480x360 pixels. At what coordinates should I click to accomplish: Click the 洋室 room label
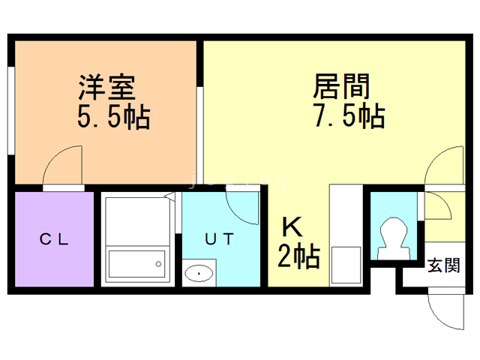pos(107,88)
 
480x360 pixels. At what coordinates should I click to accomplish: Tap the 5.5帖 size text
pos(112,117)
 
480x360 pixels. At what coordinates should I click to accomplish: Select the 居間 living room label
pos(341,88)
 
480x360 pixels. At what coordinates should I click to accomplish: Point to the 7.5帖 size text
pos(348,117)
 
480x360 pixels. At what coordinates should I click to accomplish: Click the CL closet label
pos(55,240)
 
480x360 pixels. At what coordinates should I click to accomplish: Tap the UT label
pos(220,240)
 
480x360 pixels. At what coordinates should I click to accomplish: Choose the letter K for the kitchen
pos(291,226)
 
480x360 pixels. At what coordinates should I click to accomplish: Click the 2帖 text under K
pos(298,256)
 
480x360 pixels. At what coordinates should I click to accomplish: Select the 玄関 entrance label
pos(443,265)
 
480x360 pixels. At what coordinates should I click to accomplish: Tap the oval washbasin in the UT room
pos(199,274)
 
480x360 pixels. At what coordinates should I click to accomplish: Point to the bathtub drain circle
pos(157,262)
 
